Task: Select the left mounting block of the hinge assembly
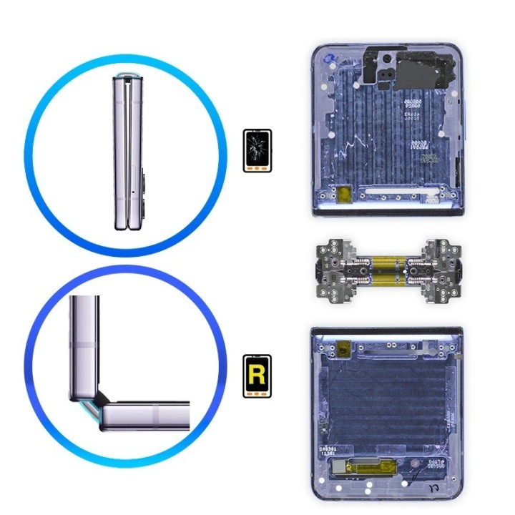[332, 265]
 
